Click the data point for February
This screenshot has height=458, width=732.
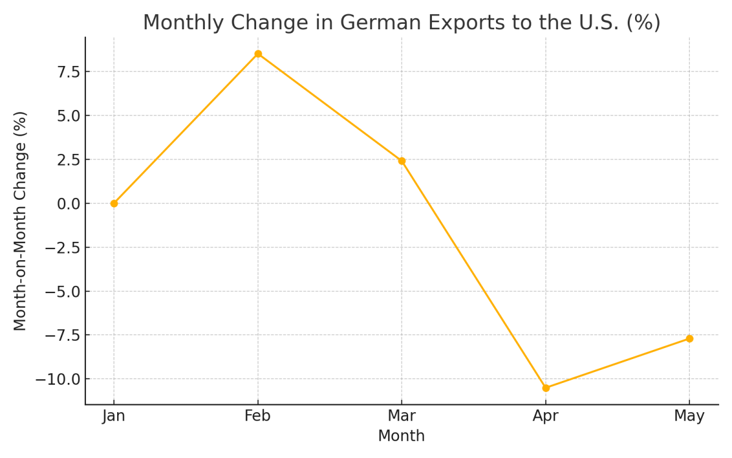(x=258, y=54)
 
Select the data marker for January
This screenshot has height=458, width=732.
(x=114, y=203)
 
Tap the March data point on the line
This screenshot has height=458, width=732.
(x=402, y=161)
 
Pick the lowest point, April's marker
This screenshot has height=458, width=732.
(x=546, y=388)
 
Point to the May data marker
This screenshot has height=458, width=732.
(x=689, y=338)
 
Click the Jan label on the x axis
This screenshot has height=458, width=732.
(x=114, y=416)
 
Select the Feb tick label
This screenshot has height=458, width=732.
(x=257, y=416)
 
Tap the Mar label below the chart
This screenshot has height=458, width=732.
(x=401, y=416)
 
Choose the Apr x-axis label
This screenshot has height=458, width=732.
(x=545, y=416)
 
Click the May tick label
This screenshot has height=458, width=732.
(x=689, y=416)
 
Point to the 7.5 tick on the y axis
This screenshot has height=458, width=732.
(x=69, y=72)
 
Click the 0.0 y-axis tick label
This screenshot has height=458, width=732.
(x=69, y=204)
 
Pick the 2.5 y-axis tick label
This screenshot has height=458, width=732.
(x=69, y=160)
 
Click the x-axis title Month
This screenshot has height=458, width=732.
(x=401, y=436)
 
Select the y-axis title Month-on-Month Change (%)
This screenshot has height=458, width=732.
(x=21, y=221)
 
